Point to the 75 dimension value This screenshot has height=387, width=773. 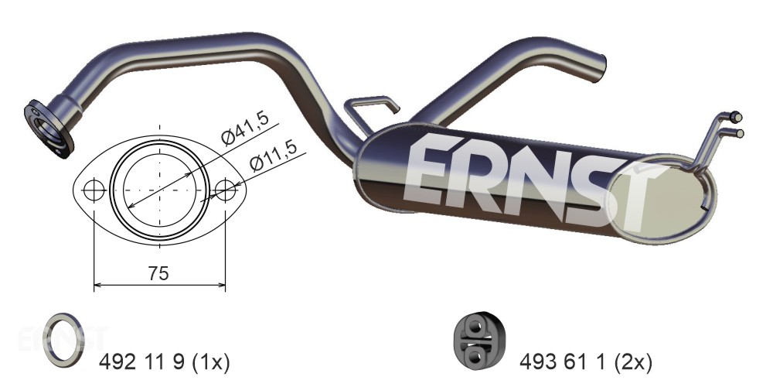point(158,272)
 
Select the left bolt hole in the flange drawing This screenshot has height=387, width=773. point(94,190)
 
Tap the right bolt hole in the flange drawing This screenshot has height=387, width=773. point(225,190)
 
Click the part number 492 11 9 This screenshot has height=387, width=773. point(142,363)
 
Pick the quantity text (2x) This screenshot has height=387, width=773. point(632,363)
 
